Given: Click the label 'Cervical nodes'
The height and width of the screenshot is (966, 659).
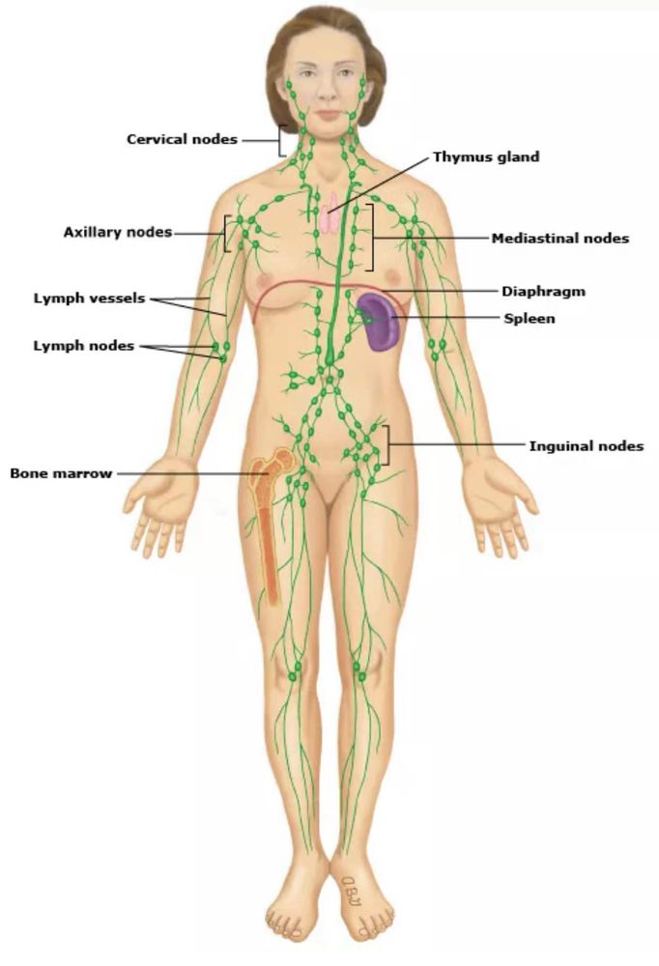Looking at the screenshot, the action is [x=182, y=139].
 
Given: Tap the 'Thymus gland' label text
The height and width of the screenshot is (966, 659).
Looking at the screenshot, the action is [x=486, y=156].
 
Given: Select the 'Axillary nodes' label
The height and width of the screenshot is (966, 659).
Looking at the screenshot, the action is [x=118, y=232].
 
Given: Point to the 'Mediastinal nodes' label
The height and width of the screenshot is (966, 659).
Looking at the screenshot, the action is [x=559, y=238].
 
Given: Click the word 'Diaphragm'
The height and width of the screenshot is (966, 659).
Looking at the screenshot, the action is [x=543, y=292].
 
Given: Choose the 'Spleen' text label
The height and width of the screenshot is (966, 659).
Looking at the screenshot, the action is [x=529, y=319].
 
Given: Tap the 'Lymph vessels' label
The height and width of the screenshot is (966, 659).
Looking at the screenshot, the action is [x=90, y=298].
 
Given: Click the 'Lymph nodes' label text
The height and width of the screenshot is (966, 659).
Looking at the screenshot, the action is [x=84, y=346].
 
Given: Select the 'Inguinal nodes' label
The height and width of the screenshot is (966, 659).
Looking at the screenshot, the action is [x=587, y=445].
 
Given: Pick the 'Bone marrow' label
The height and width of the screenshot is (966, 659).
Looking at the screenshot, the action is [x=61, y=473].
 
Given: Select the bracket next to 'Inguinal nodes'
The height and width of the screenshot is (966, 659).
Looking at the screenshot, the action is [x=387, y=444].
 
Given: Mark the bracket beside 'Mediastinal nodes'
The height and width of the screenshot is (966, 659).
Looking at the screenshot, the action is [x=372, y=238].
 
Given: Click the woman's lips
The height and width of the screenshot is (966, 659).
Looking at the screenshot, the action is [x=329, y=115].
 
